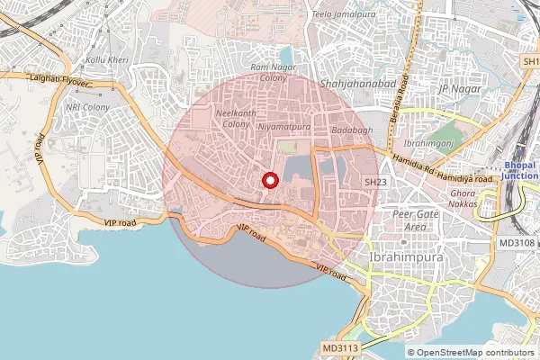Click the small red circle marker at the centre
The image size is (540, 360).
coord(269,181)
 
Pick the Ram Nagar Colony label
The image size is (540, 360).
coord(267,72)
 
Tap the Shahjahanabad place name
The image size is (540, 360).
coord(352,83)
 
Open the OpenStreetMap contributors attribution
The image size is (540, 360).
coord(474,353)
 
